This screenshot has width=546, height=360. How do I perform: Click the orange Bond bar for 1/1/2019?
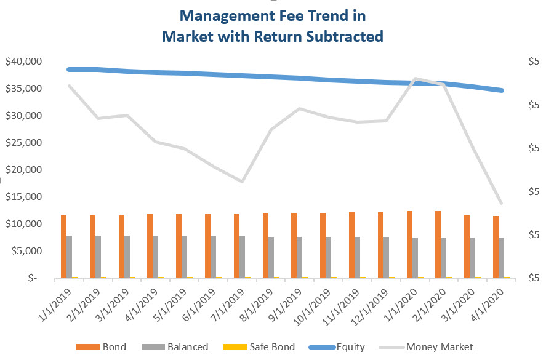pos(63,246)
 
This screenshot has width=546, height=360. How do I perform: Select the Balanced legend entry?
pos(178,347)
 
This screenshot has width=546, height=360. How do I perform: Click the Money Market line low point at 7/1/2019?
pos(243,182)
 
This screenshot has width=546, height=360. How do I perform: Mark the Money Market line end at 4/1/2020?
pos(502,203)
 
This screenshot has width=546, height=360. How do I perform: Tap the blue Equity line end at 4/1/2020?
pos(502,90)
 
